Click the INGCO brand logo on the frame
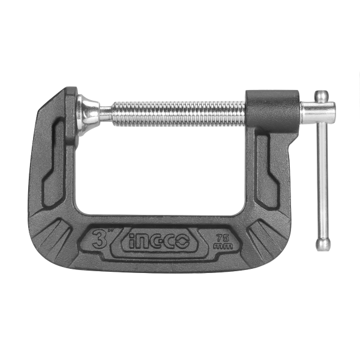160,241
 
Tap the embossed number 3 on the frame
99,239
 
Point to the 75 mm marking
223,242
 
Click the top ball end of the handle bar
322,97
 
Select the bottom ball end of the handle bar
323,244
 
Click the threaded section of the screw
179,114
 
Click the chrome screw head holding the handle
318,113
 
